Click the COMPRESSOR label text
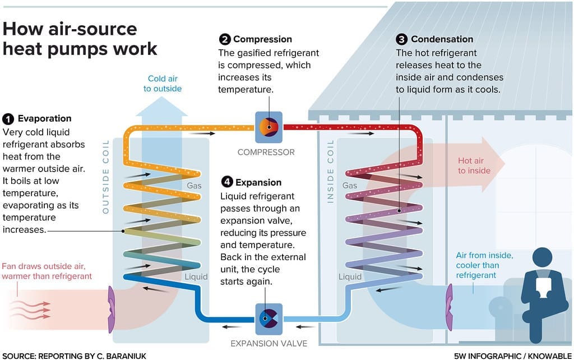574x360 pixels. pos(266,152)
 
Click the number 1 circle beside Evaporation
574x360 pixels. pos(8,119)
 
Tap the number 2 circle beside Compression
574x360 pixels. pos(224,39)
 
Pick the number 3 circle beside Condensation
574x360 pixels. pos(401,39)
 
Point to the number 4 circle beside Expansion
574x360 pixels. pos(226,182)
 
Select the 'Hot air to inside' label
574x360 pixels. pos(471,165)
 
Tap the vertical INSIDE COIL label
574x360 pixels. pos(330,171)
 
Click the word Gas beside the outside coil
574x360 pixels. pos(195,186)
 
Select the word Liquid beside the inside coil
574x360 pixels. pos(350,276)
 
